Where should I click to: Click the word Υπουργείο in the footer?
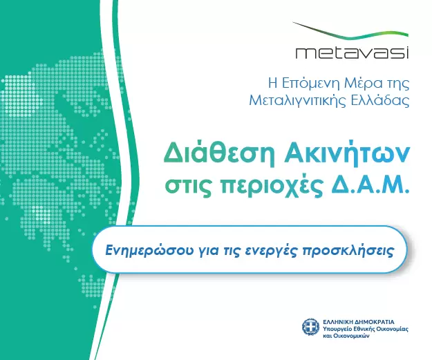tap(340, 330)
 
